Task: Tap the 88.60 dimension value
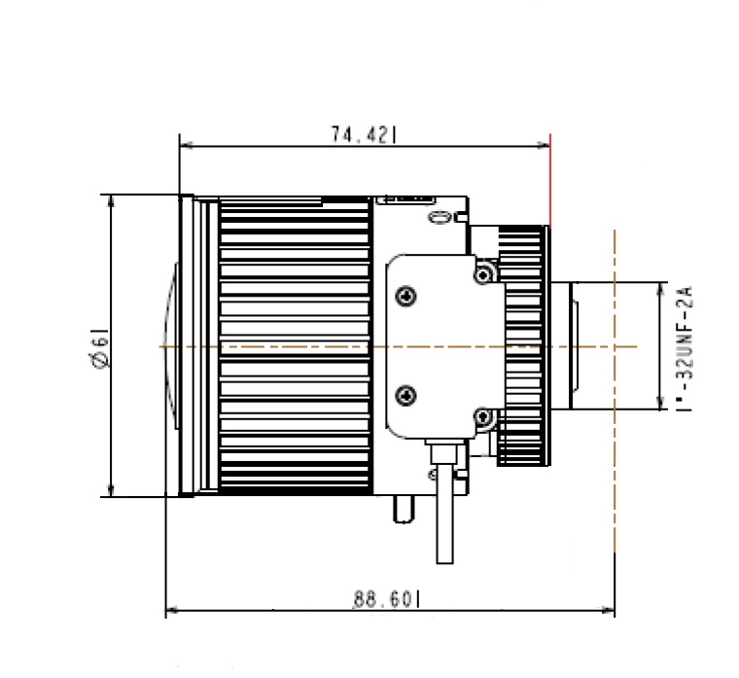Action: pyautogui.click(x=386, y=600)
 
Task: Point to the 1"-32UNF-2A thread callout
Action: pyautogui.click(x=682, y=346)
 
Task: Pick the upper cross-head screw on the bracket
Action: pyautogui.click(x=405, y=296)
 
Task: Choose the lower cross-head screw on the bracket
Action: pyautogui.click(x=405, y=394)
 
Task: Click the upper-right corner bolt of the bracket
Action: pyautogui.click(x=481, y=274)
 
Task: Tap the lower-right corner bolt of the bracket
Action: pyautogui.click(x=481, y=418)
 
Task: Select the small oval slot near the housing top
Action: pyautogui.click(x=440, y=216)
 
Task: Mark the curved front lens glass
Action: pyautogui.click(x=171, y=346)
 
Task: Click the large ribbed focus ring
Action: pyautogui.click(x=295, y=346)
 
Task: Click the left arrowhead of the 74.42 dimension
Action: pyautogui.click(x=185, y=147)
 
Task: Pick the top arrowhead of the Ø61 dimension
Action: pyautogui.click(x=111, y=200)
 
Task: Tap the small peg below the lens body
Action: pyautogui.click(x=401, y=508)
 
